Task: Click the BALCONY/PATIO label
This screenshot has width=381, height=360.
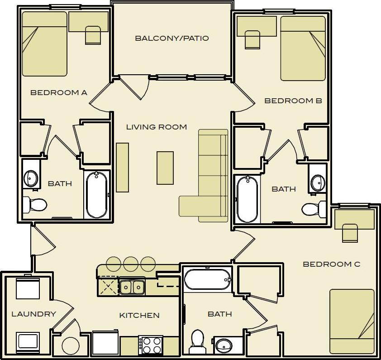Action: (x=172, y=38)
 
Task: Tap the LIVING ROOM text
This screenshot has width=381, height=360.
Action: (x=156, y=127)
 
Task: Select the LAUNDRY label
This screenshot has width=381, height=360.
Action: (x=33, y=314)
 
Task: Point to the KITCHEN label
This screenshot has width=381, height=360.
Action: (x=139, y=316)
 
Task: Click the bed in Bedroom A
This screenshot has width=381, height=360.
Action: (x=44, y=44)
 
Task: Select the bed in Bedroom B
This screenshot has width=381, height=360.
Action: (x=303, y=48)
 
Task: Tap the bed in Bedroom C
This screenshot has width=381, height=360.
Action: (x=352, y=321)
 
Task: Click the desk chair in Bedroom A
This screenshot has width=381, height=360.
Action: (x=93, y=35)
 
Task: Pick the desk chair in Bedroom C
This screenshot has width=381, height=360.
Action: (x=349, y=233)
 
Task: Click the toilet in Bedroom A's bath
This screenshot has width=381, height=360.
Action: (x=35, y=205)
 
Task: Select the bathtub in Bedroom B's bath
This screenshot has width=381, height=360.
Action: (x=248, y=199)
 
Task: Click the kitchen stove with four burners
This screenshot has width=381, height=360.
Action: (x=150, y=345)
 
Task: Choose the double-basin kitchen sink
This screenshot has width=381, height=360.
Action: (x=132, y=287)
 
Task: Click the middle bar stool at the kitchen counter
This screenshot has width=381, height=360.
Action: (x=130, y=264)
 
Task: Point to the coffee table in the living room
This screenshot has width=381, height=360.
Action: (x=165, y=168)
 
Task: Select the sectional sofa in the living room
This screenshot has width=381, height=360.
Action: (x=212, y=177)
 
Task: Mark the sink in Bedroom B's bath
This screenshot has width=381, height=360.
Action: (x=318, y=182)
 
